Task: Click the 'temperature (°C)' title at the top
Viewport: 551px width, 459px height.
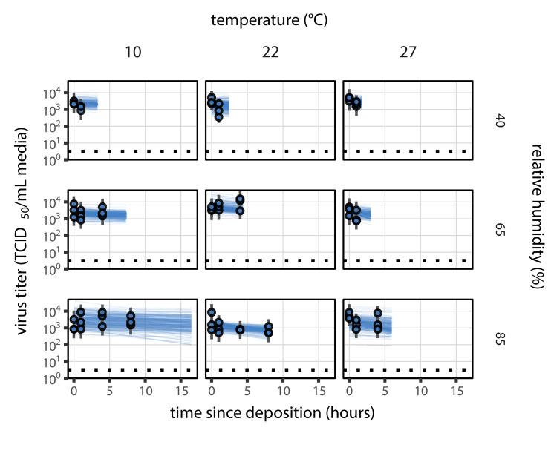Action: click(x=269, y=20)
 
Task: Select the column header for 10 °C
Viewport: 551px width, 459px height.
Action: click(x=132, y=53)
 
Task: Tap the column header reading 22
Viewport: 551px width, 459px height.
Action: click(x=270, y=53)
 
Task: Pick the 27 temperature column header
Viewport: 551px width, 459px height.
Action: click(x=408, y=53)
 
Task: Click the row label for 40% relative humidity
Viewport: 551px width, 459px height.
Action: click(x=500, y=120)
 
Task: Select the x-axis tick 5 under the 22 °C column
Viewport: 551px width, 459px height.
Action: click(x=247, y=389)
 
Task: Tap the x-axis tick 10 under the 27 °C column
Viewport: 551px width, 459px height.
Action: click(x=421, y=389)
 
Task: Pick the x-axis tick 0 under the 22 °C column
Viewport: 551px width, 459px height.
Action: click(x=212, y=389)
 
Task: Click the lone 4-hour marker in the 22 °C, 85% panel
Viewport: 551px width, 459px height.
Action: click(x=240, y=329)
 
